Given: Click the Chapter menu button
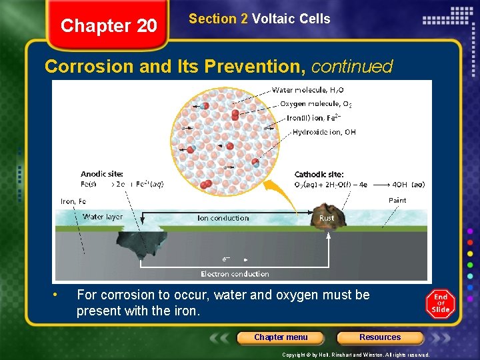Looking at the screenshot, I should [x=281, y=337].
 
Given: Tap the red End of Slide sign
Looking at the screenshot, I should [x=441, y=304].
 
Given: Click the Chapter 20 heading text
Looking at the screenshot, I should [x=109, y=26].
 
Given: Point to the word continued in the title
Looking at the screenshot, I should [x=352, y=67].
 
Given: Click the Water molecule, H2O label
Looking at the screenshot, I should [x=307, y=90].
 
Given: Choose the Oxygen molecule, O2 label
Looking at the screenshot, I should [x=315, y=104].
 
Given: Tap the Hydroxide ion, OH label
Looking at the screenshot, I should [x=324, y=132].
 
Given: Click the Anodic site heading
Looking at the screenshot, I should [x=101, y=175].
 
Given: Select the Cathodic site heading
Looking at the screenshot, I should [x=319, y=175].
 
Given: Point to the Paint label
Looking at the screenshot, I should [x=397, y=201].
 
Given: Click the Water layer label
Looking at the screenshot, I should [x=103, y=217].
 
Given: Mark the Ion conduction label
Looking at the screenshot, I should [x=223, y=218].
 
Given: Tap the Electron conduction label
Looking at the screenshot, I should [x=235, y=274].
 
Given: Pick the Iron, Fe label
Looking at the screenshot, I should [x=73, y=201].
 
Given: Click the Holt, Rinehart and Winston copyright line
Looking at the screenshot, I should [x=355, y=355].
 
